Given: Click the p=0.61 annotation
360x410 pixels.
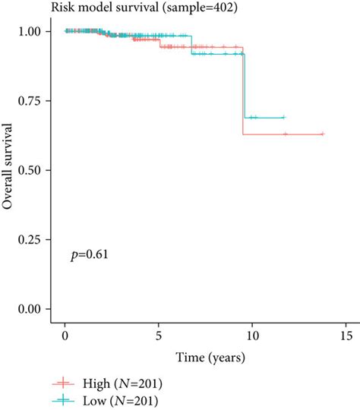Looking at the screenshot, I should point(89,255).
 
